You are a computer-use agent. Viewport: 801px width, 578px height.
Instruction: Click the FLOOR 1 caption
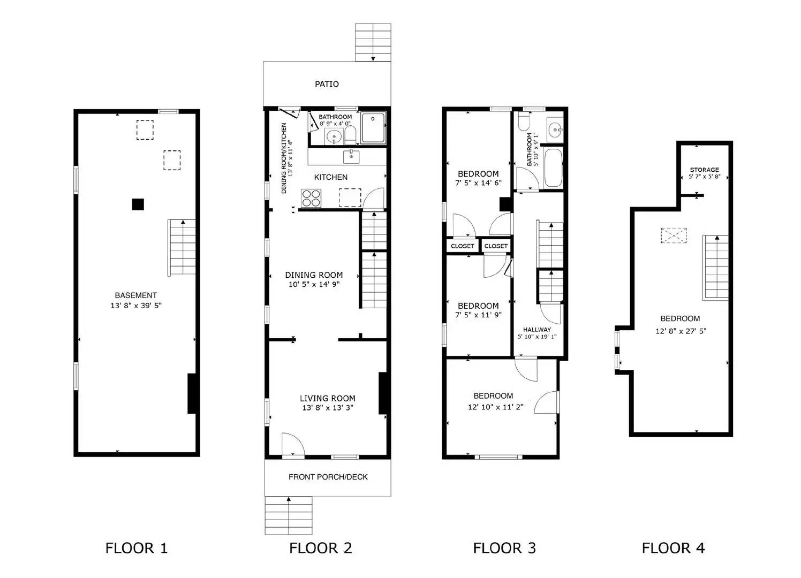coord(137,548)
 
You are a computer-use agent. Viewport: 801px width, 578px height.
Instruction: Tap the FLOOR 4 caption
coord(673,548)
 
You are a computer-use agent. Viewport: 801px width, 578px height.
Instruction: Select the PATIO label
coord(327,84)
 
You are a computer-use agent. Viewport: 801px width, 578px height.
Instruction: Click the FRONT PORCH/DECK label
coord(328,477)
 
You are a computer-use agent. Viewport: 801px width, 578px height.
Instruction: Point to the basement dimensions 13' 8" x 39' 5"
coord(136,306)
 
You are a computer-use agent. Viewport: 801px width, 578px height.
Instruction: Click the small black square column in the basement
coord(138,204)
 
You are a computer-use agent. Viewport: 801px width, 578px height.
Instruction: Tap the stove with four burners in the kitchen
coord(311,198)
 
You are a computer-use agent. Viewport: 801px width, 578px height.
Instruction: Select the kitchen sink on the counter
coord(351,156)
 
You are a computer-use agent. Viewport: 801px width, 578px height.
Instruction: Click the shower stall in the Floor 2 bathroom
coord(373,128)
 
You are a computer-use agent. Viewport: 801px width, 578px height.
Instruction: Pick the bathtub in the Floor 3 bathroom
coord(553,168)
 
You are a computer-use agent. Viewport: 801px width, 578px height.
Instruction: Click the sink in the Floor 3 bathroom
coord(555,128)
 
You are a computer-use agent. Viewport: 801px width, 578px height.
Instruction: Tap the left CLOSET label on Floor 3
coord(462,246)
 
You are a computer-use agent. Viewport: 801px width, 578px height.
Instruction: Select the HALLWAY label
coord(537,330)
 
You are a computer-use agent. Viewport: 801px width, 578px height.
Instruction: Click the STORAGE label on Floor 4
coord(704,170)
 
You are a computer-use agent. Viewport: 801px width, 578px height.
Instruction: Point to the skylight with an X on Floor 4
coord(674,236)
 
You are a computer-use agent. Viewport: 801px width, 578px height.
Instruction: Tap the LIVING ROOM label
coord(327,398)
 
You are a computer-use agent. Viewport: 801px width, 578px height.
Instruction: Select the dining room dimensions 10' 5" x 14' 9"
coord(314,285)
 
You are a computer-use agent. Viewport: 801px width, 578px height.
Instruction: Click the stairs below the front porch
coord(289,515)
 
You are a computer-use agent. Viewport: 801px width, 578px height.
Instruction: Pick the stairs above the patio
coord(373,42)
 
